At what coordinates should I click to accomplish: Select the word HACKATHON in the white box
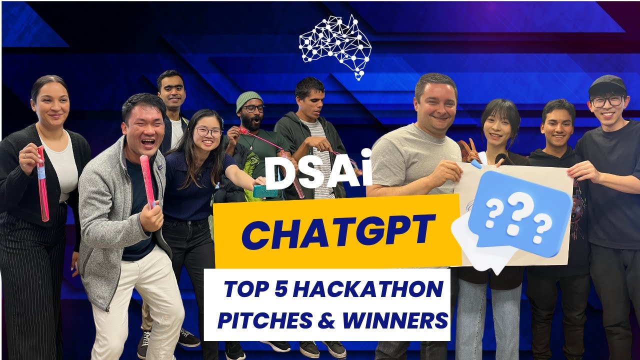[x=368, y=289]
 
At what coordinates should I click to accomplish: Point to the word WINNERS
[x=395, y=320]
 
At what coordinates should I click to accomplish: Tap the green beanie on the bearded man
[x=249, y=100]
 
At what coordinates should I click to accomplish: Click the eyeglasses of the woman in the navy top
[x=208, y=132]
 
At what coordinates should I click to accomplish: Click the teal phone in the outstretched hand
[x=264, y=191]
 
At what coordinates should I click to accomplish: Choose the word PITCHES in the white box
[x=264, y=320]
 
